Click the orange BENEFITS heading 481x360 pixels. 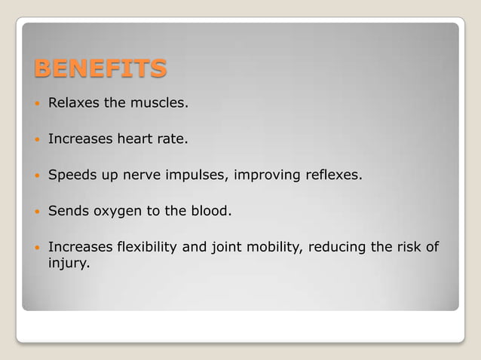click(x=100, y=69)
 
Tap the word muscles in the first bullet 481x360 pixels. click(x=158, y=102)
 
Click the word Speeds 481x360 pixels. click(x=71, y=175)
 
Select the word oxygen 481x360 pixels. click(x=118, y=212)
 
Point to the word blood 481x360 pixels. click(x=210, y=211)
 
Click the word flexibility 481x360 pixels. click(x=150, y=247)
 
